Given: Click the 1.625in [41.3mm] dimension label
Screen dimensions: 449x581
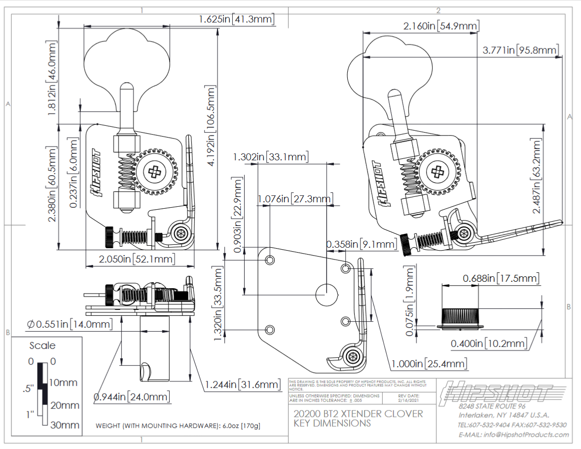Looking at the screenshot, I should (236, 19).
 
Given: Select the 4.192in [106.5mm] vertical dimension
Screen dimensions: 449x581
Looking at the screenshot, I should (211, 126).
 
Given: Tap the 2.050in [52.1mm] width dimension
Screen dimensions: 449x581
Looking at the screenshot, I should (129, 260).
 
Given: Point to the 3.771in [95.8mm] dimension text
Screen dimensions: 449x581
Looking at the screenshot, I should (521, 50).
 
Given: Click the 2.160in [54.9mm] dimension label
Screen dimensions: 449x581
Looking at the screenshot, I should (440, 26).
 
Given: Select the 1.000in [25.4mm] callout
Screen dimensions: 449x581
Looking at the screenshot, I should (429, 364).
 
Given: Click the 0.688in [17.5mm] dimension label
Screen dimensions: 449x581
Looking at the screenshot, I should (501, 278).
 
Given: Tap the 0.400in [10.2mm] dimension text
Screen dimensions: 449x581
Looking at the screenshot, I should (489, 343).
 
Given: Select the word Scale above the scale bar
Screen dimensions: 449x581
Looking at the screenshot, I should (42, 345).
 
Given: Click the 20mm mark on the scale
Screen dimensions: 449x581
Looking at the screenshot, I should (64, 405).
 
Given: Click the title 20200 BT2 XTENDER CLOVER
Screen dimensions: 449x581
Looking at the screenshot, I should (358, 413).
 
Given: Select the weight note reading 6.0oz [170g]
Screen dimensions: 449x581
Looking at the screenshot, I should (178, 426).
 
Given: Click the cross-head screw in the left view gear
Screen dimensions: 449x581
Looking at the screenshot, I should (154, 172).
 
